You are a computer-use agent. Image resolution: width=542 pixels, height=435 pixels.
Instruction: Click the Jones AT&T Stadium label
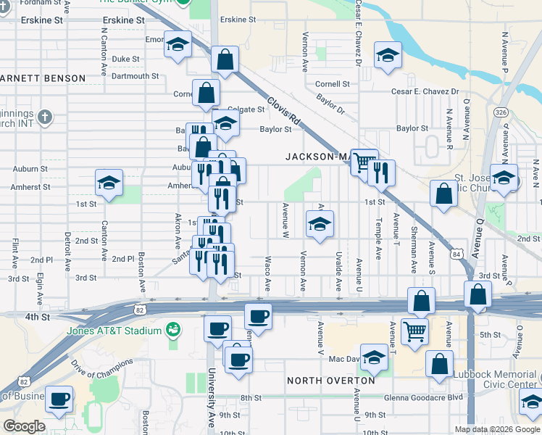113,331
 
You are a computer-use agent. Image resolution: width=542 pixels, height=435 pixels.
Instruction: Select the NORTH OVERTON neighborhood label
330,381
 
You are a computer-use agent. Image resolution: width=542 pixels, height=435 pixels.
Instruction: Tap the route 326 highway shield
501,112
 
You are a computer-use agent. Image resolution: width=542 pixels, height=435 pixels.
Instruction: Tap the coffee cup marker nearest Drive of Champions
59,397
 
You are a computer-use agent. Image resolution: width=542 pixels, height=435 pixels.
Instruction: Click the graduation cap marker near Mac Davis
375,356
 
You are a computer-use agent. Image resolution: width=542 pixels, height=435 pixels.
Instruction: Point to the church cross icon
45,117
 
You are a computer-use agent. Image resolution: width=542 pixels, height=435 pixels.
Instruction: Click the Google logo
23,426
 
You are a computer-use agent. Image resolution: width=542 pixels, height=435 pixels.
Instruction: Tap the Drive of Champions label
102,368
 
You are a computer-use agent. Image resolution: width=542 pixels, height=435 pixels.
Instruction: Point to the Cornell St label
333,84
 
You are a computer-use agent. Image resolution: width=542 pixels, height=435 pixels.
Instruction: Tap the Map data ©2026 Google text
496,429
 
